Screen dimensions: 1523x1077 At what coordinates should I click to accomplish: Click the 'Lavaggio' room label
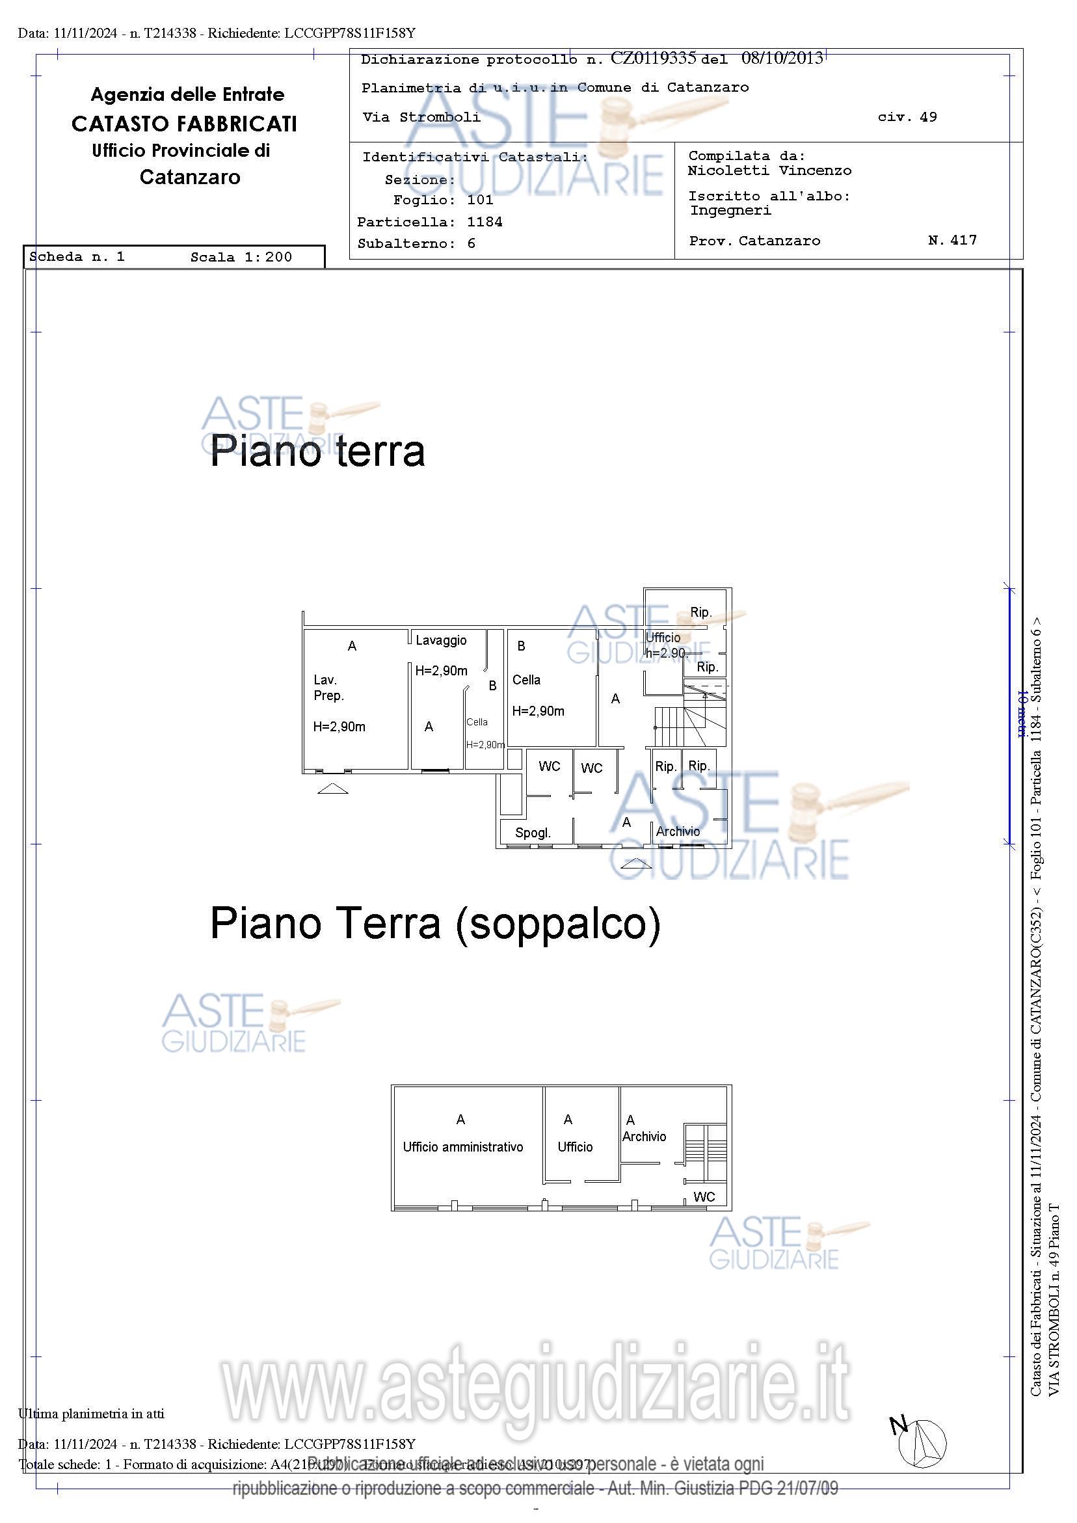pos(441,640)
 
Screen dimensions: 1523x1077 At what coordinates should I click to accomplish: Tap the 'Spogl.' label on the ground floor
pos(533,833)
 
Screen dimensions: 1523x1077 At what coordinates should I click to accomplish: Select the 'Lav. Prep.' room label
pos(329,687)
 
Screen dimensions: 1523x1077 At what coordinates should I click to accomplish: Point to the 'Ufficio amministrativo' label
pos(463,1147)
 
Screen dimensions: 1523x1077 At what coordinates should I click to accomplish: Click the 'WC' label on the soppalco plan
pos(704,1196)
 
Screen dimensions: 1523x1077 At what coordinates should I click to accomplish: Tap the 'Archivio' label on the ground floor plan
pos(678,831)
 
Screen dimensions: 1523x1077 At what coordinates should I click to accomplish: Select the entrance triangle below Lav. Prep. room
pos(333,788)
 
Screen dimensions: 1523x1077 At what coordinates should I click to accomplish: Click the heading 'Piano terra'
pos(317,452)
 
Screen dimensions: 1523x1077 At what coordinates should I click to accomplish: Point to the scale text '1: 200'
pos(268,258)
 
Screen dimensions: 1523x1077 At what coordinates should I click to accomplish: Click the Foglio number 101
pos(480,200)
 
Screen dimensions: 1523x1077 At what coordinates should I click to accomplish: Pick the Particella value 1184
pos(485,222)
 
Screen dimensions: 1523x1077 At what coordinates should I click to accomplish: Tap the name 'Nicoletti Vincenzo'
pos(769,170)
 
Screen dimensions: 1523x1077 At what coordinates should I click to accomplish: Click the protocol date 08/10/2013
pos(782,59)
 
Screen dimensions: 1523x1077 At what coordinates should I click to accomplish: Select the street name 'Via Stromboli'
pos(421,117)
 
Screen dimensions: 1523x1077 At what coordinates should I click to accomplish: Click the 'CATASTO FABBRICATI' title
pos(184,124)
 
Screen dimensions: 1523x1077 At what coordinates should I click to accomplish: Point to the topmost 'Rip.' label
pos(701,612)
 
